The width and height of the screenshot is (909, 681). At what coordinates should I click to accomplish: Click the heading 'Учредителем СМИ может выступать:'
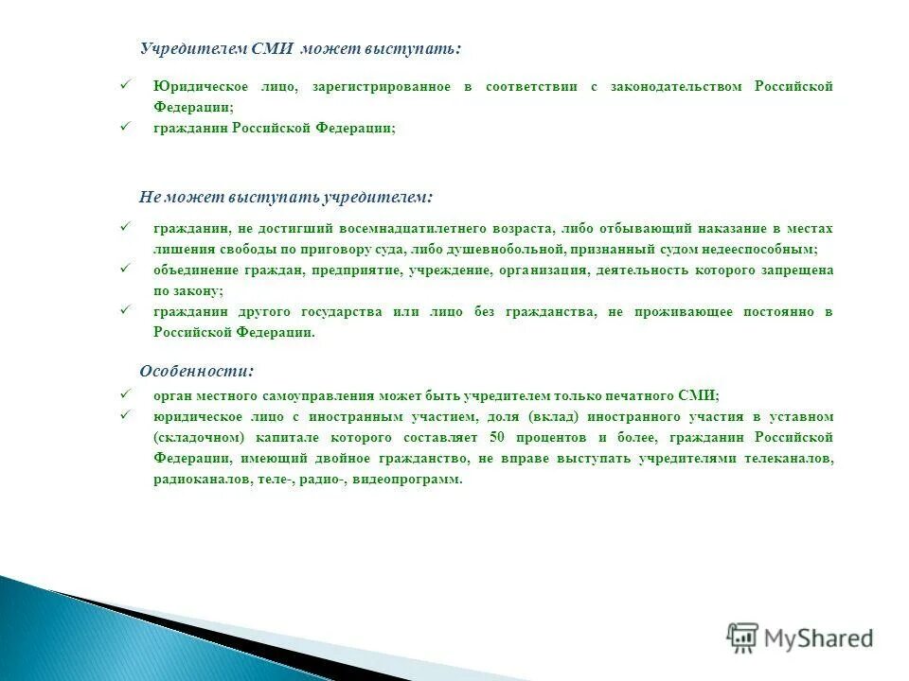[x=300, y=48]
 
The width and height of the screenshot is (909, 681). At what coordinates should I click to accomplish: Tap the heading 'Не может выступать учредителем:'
[x=285, y=197]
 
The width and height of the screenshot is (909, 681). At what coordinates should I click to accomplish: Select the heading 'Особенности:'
[x=196, y=371]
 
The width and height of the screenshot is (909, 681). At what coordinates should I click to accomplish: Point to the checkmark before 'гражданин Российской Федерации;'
[x=123, y=127]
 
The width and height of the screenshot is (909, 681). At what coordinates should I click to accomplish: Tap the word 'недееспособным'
[x=766, y=250]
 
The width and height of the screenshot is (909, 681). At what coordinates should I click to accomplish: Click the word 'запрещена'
[x=800, y=271]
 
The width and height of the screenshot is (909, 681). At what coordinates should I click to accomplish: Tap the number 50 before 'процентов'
[x=497, y=438]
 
